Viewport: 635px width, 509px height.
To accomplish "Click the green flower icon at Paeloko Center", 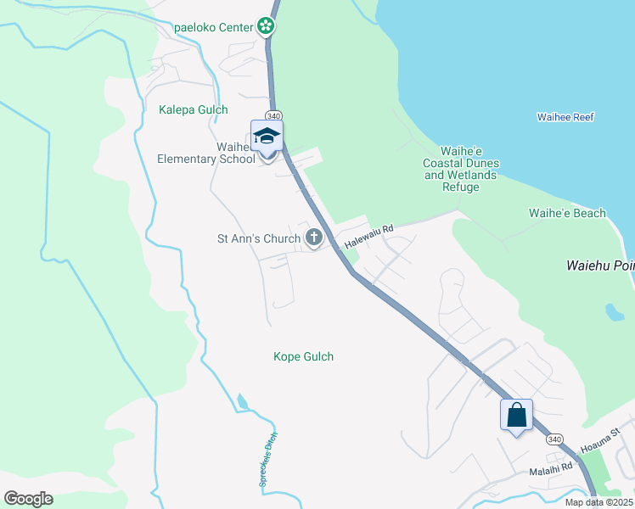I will (266, 27).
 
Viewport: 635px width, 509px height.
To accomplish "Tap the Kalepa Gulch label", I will (194, 109).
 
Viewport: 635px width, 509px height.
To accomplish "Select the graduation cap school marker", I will (267, 137).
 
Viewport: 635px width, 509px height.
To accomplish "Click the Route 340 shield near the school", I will (273, 115).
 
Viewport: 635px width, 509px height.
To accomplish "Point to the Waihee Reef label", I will (565, 117).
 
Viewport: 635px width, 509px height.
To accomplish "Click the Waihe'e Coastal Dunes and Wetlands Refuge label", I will (462, 169).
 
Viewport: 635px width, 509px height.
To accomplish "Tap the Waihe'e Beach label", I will (567, 213).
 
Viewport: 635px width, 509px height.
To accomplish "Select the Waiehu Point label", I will (599, 266).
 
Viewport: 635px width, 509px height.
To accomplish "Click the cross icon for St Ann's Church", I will (314, 238).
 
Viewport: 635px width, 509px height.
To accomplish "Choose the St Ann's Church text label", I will (259, 238).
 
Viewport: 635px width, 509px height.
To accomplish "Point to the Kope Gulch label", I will (303, 356).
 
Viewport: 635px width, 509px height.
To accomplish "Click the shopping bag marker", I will (516, 416).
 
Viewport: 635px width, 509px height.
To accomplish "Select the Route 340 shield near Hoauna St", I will (554, 439).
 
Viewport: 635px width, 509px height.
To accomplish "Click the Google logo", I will (28, 498).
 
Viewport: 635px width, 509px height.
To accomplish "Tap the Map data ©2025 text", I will (598, 502).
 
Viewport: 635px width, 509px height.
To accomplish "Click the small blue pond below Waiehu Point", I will (614, 311).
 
